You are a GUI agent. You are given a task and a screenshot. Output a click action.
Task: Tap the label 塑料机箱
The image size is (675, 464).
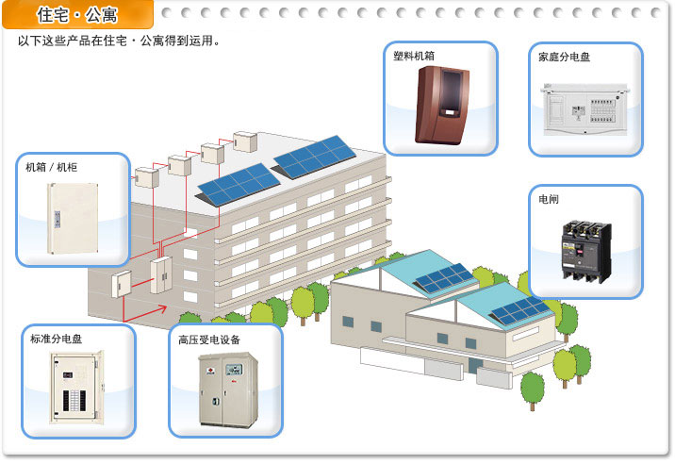[x=415, y=56]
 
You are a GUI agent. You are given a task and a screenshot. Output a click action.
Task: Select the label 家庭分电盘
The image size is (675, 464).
[x=564, y=57]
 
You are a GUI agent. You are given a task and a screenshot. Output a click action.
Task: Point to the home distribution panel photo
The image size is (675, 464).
[x=584, y=109]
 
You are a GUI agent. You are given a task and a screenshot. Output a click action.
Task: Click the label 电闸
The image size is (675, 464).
[x=548, y=200]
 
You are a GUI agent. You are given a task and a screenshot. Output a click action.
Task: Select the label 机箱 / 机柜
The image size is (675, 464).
[x=52, y=168]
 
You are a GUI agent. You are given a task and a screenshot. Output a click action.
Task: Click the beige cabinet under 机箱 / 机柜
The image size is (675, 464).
[x=70, y=217]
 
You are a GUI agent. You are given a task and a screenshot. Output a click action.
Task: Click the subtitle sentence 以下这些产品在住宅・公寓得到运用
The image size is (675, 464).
[x=119, y=41]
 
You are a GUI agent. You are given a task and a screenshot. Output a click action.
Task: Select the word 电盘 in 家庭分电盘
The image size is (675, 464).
[x=579, y=57]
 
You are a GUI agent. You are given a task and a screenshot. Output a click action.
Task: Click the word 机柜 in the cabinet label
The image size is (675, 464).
[x=67, y=168]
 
